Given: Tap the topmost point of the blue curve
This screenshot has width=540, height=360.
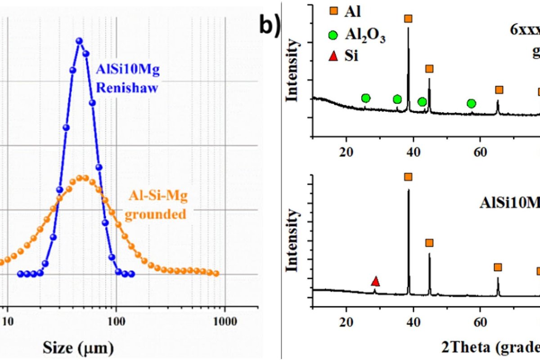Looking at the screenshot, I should [x=80, y=41].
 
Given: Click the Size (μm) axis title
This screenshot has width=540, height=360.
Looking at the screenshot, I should [x=78, y=347].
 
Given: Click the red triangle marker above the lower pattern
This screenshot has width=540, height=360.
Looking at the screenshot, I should [x=375, y=282].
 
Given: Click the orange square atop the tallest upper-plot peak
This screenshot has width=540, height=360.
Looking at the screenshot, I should [x=408, y=18].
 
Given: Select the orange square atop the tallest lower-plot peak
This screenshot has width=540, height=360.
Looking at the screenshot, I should [x=408, y=177].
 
